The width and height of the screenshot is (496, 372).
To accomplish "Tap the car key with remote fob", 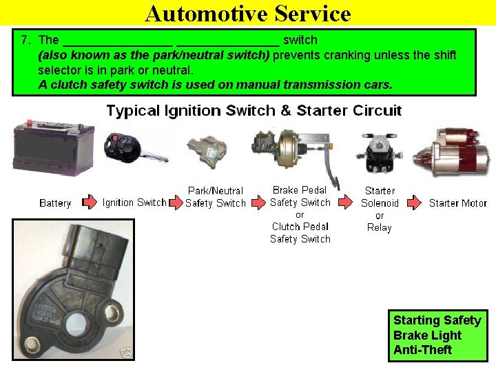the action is click(x=131, y=148).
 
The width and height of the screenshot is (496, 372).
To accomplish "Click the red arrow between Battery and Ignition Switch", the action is click(x=89, y=203).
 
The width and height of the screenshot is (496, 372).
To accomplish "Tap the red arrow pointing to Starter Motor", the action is click(x=413, y=203).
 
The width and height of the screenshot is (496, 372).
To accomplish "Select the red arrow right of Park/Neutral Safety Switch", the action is click(x=258, y=203).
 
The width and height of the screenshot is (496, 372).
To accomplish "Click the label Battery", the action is click(x=55, y=203).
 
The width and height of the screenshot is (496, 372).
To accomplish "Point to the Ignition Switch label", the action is click(x=134, y=203).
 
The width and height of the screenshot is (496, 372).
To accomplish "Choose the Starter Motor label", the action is click(x=457, y=203).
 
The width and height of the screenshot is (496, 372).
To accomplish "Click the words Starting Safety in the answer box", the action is click(x=437, y=320).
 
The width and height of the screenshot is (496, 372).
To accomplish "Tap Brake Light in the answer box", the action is click(x=427, y=335).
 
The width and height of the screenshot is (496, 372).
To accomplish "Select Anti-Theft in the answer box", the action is click(x=422, y=350).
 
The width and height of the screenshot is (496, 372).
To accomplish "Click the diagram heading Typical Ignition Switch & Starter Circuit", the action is click(x=254, y=111).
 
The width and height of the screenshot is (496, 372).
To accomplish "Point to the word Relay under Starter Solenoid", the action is click(x=379, y=227).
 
